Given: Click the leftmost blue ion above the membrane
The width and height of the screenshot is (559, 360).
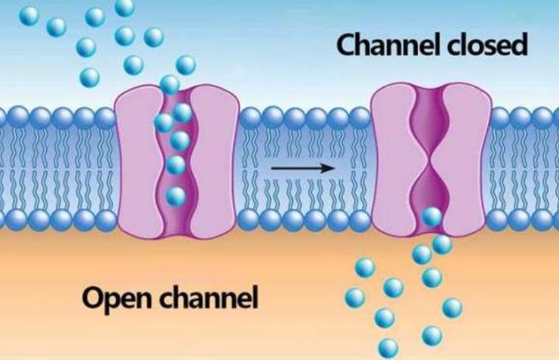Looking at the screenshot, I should tap(29, 15).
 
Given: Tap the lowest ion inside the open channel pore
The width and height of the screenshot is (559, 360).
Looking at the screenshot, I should tap(176, 195).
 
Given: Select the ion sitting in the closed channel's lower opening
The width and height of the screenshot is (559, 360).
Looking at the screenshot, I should tap(431, 217).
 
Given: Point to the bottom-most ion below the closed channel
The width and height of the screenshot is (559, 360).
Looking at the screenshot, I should tap(388, 347).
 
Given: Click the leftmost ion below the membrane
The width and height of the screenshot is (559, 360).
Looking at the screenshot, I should tap(355, 297).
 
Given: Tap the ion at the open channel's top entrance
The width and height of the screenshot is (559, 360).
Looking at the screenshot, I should tap(170, 84).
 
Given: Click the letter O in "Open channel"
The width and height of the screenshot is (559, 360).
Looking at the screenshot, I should tap(92, 299).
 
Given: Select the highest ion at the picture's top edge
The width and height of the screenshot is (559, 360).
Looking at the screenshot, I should tap(125, 7).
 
